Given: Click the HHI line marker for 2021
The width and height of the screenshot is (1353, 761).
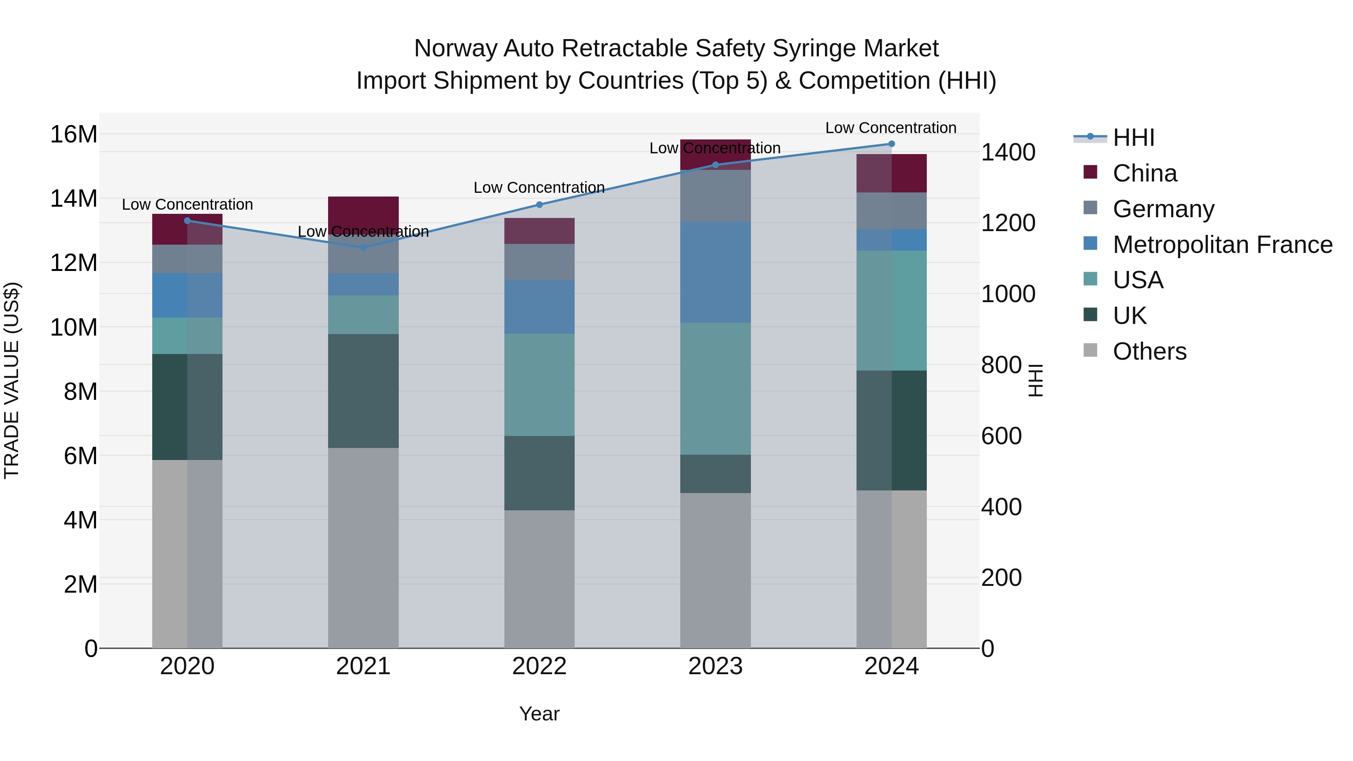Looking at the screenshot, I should coord(363,247).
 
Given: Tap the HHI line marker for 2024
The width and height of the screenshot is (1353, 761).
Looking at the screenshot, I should coord(891,144).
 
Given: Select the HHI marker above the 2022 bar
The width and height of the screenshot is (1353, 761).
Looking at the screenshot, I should coord(539,205).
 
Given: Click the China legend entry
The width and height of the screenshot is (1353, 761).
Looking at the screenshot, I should coord(1144,173).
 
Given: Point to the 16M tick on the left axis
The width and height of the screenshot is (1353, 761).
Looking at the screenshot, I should coord(74,135).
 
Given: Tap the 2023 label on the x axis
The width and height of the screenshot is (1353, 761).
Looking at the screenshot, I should coord(715,666).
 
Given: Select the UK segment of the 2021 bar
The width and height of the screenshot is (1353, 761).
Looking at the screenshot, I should coord(363,391).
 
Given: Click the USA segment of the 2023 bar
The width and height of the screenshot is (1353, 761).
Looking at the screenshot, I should coord(715,389).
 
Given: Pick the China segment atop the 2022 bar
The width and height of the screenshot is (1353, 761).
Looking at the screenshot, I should coord(539,231).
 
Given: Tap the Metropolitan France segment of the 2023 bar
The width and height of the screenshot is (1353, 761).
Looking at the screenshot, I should coord(715,272).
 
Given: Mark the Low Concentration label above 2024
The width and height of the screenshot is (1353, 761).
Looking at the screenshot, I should coord(890,128).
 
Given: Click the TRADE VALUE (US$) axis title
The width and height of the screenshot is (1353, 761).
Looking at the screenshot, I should coord(12,380).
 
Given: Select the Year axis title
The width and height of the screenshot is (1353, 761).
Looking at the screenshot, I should coord(539,714).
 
